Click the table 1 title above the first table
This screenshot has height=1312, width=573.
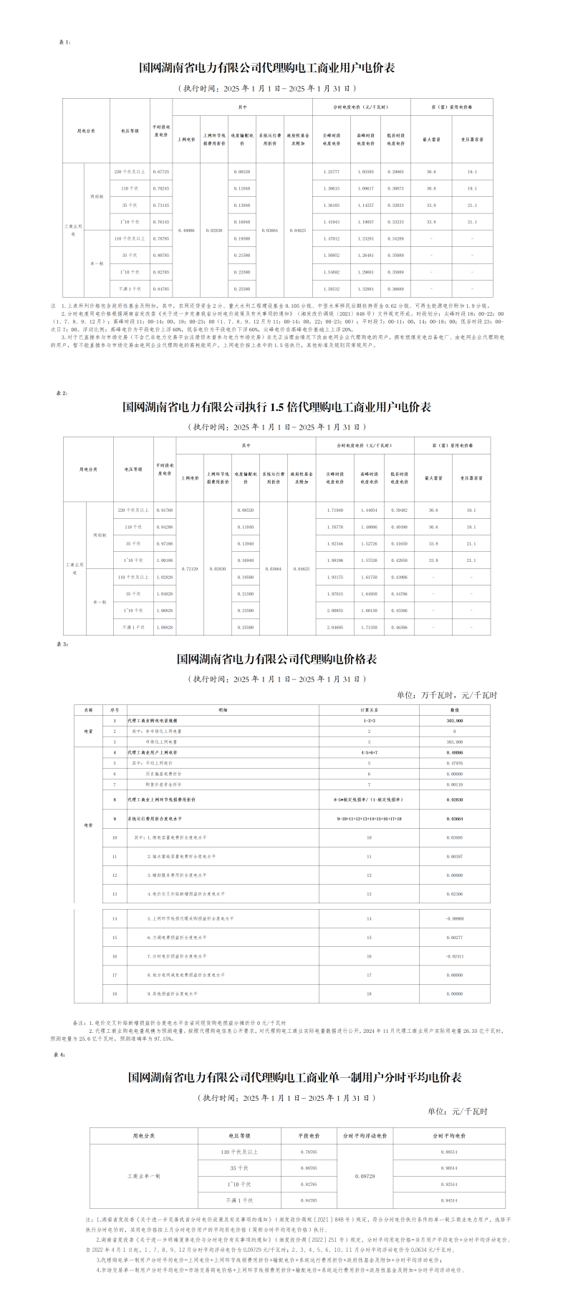266,69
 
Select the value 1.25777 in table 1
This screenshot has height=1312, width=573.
330,172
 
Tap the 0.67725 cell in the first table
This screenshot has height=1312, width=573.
162,172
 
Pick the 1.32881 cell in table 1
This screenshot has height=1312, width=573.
368,288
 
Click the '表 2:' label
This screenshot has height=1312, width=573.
62,393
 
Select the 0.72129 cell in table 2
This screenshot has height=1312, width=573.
189,568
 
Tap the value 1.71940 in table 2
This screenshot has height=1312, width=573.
334,510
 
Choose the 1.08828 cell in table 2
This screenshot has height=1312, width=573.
165,627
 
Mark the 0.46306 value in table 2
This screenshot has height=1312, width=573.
399,627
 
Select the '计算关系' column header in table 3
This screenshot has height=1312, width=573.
369,709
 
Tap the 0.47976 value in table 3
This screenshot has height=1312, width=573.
454,763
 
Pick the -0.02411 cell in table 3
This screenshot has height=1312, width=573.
454,956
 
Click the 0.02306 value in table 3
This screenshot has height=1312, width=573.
454,893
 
